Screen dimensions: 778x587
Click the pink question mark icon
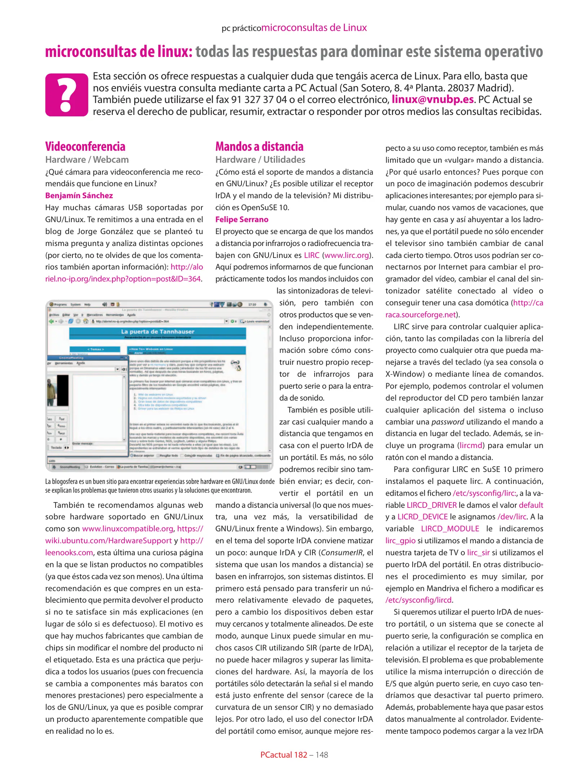click(x=67, y=95)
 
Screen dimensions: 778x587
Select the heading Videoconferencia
click(x=85, y=147)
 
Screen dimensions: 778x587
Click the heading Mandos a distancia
click(x=259, y=147)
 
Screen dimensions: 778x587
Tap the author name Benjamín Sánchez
click(x=79, y=196)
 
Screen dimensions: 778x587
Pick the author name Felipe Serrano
click(x=241, y=219)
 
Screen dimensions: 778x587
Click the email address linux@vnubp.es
click(x=432, y=99)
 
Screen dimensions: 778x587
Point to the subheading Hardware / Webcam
click(x=87, y=160)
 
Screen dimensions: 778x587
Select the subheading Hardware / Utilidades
click(x=260, y=160)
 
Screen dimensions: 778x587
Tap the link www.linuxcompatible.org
click(x=128, y=529)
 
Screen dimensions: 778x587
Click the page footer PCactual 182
click(x=284, y=755)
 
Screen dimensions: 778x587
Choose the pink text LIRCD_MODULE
click(x=450, y=529)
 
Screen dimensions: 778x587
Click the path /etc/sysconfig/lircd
click(x=418, y=600)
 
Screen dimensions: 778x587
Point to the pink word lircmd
click(x=471, y=446)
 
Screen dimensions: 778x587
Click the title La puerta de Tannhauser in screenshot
click(x=157, y=331)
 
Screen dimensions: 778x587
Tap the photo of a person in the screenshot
click(x=53, y=390)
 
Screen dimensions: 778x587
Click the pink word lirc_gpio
click(x=400, y=541)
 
